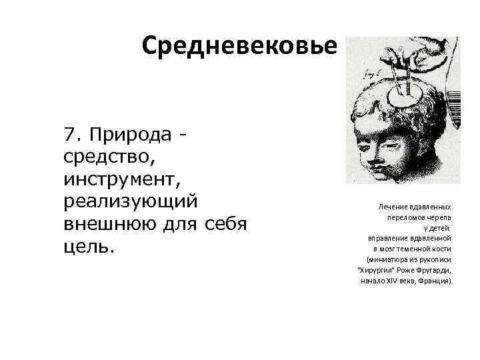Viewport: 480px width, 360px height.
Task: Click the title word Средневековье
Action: point(240,46)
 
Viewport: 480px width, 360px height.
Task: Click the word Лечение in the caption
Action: point(393,207)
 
